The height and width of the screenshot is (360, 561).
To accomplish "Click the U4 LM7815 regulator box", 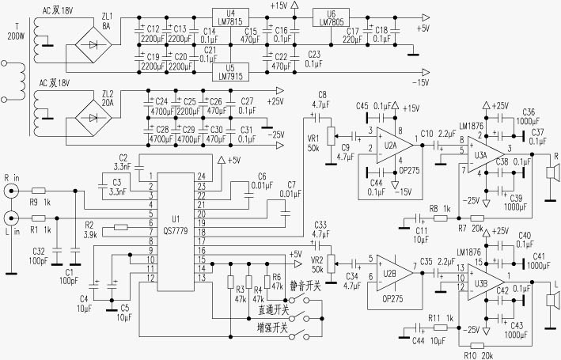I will coord(229,17).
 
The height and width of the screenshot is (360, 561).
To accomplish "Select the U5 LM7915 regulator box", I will coord(229,72).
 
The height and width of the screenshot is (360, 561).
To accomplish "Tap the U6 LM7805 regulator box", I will coord(330,17).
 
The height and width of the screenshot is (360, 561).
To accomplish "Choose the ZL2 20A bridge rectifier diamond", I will coord(94,118).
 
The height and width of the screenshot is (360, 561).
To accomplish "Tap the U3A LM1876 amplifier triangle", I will coord(483,148).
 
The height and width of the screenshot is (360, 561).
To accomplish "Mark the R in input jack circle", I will coord(11,192).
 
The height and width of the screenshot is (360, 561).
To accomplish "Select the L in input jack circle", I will coord(11,218).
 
